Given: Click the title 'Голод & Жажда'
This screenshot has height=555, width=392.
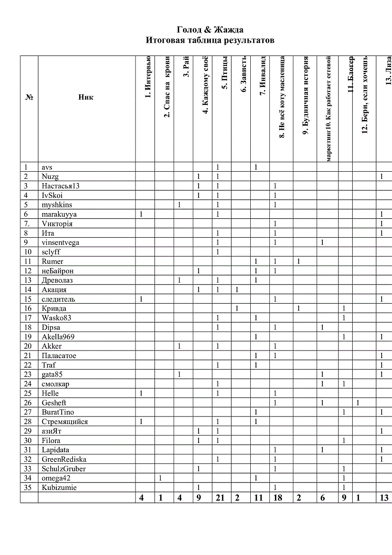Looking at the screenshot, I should point(210,30).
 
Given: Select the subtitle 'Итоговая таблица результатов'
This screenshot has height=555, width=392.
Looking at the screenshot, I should point(210,40).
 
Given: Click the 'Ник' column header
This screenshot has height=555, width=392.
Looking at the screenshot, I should point(86,97).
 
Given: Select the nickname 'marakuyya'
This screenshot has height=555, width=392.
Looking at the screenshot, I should point(59,214).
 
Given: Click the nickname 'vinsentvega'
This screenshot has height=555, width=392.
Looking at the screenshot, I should point(60,242).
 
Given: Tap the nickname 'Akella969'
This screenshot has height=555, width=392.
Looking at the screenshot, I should point(58,337).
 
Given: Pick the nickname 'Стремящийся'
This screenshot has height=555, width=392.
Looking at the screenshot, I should point(64,422).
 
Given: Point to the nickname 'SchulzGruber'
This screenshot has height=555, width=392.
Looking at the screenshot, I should point(64,469).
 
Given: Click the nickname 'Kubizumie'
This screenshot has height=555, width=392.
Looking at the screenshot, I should point(59,488).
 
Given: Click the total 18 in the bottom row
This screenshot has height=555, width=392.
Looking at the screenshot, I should point(278,498).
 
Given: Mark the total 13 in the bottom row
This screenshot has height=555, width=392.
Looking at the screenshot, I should point(384,498).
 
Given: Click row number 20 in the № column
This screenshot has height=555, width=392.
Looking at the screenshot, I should point(27,346).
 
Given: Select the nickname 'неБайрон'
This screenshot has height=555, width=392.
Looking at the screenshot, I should point(57,271).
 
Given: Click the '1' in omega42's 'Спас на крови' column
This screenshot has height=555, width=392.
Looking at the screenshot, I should point(161,478).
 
